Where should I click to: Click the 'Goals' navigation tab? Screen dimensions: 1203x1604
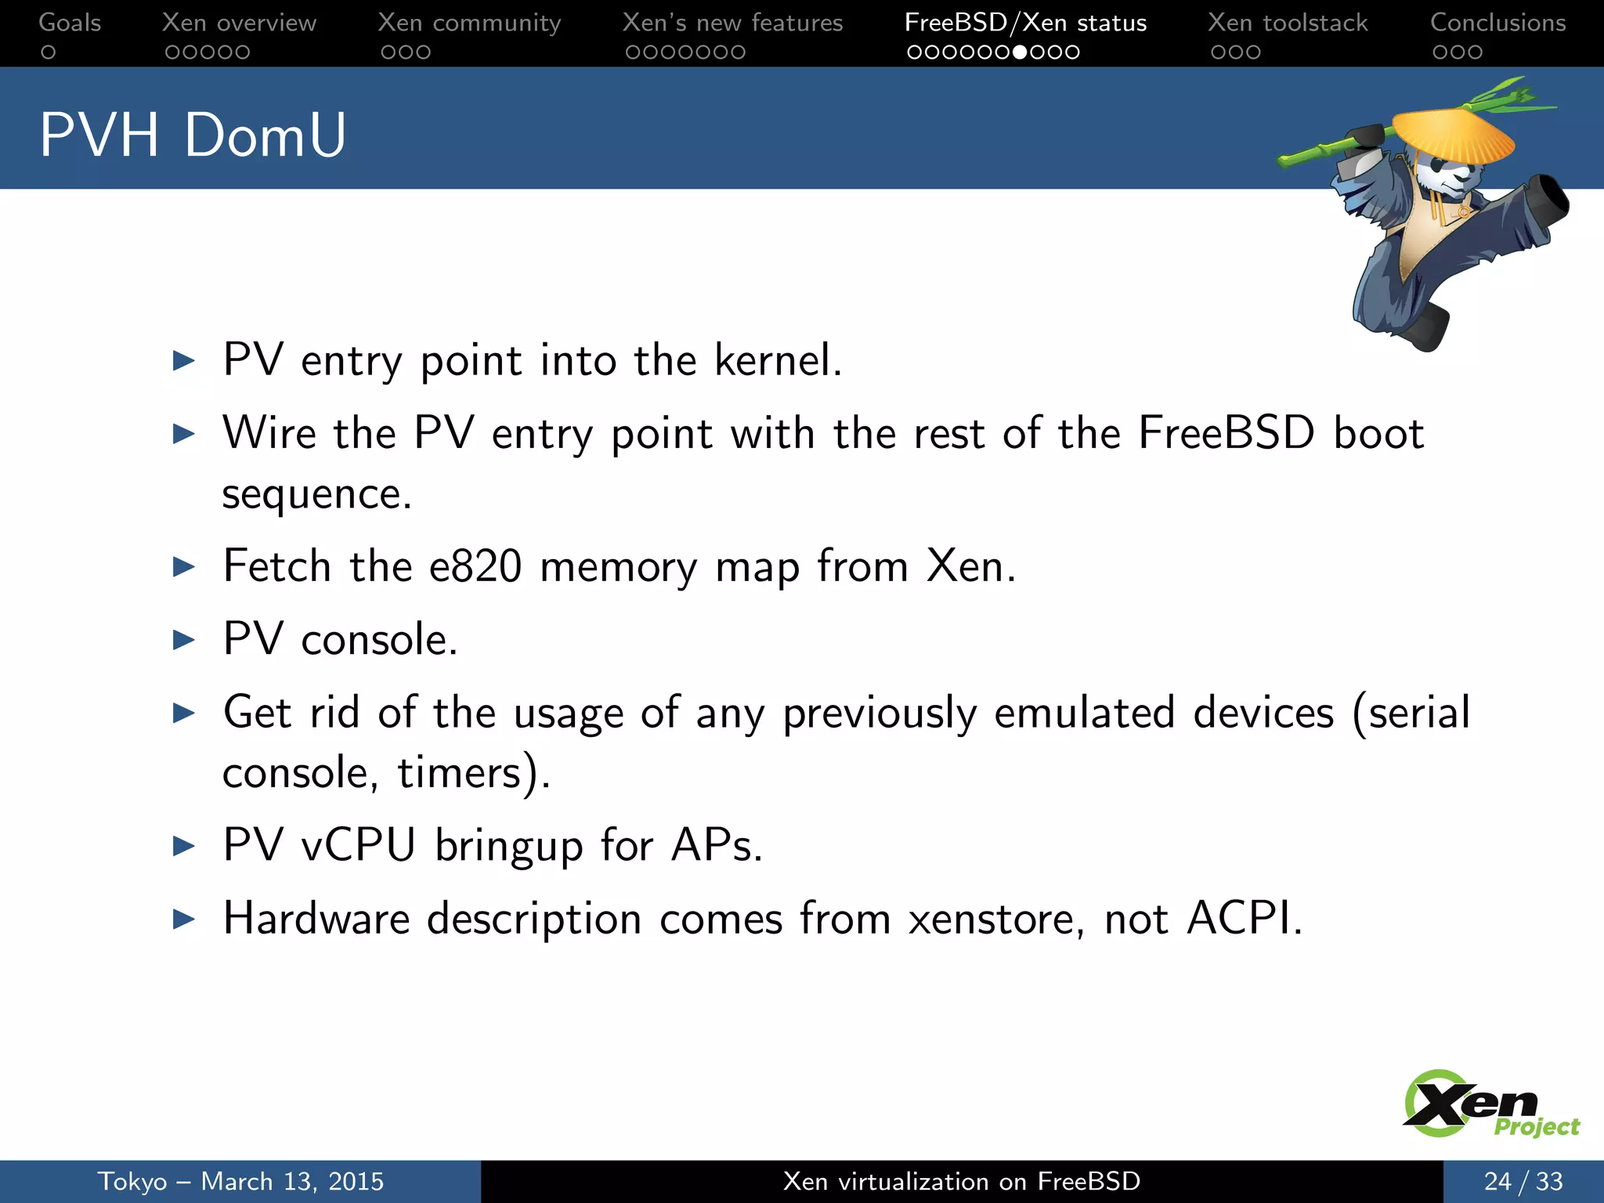coord(70,23)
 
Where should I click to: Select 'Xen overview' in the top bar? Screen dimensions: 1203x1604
coord(239,23)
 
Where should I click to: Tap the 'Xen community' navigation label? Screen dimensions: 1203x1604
coord(469,23)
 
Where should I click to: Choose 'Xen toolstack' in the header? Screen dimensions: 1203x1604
coord(1288,23)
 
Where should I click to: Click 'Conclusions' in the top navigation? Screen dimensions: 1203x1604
coord(1497,23)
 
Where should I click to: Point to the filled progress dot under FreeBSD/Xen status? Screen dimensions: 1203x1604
coord(1020,52)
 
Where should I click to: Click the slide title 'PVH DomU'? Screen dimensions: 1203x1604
coord(193,135)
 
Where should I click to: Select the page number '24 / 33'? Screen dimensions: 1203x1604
coord(1523,1181)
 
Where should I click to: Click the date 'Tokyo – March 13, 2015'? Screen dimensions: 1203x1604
coord(240,1181)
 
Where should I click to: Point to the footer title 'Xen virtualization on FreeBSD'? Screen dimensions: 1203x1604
coord(961,1181)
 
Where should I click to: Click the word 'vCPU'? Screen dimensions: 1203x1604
coord(359,845)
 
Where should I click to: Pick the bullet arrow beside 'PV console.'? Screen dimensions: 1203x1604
coord(184,640)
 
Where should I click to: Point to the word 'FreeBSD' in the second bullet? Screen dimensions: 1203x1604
coord(1226,433)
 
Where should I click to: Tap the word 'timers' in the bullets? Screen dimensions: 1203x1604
coord(459,772)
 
